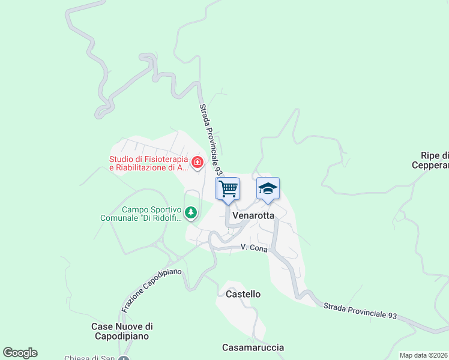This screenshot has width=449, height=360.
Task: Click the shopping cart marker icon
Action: (228, 188)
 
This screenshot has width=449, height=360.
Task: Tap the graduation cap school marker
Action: (268, 188)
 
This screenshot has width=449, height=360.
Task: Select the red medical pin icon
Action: (197, 162)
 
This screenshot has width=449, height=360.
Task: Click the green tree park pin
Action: (191, 212)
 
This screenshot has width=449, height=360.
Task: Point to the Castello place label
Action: (243, 294)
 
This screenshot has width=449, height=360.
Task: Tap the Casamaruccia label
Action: (253, 347)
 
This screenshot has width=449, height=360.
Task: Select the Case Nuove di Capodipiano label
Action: (122, 331)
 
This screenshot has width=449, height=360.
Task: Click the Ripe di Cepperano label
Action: (430, 160)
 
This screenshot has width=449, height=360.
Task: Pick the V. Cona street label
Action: (253, 247)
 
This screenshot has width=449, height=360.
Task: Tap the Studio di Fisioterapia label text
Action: (149, 164)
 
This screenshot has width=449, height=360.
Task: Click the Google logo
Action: (20, 353)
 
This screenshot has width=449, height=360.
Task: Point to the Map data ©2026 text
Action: (423, 355)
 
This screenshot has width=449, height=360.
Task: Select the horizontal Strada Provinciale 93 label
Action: (360, 310)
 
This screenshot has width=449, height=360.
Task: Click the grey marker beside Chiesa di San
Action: (124, 358)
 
